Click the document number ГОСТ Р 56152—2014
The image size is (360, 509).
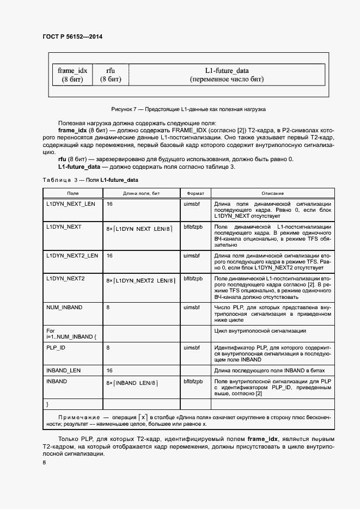[72, 37]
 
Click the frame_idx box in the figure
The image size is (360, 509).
[72, 75]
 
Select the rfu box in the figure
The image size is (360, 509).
[111, 75]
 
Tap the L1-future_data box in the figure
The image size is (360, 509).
[227, 75]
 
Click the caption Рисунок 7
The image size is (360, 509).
[188, 109]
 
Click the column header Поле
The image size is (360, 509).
[73, 193]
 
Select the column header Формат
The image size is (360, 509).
[196, 193]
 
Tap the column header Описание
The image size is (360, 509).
[272, 193]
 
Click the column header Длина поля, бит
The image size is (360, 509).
[141, 193]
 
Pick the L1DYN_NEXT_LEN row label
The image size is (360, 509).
[71, 204]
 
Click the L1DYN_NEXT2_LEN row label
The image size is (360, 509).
[72, 255]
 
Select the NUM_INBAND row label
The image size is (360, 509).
[64, 307]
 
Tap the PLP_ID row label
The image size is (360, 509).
[56, 347]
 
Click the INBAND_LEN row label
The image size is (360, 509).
[63, 370]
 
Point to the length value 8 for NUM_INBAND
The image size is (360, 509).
[108, 307]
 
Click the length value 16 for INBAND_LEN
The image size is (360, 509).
[109, 370]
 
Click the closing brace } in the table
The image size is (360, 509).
[47, 404]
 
